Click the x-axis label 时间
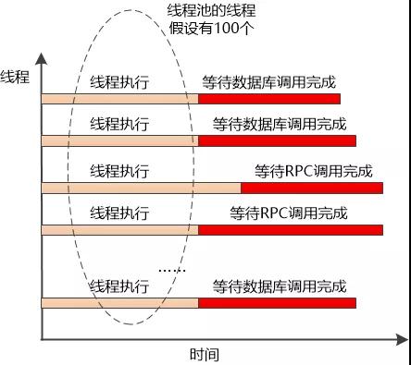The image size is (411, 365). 205,354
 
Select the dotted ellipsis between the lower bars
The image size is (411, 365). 172,271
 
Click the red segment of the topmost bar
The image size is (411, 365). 269,98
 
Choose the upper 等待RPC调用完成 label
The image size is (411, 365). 313,171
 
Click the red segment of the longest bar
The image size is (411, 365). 312,188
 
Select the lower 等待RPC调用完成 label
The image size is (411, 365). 289,213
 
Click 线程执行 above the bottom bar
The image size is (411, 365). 119,286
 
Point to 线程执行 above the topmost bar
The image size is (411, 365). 119,82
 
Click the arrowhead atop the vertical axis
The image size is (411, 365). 42,60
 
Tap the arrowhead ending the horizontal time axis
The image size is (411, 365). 402,339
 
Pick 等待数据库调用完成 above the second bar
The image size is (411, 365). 279,122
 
